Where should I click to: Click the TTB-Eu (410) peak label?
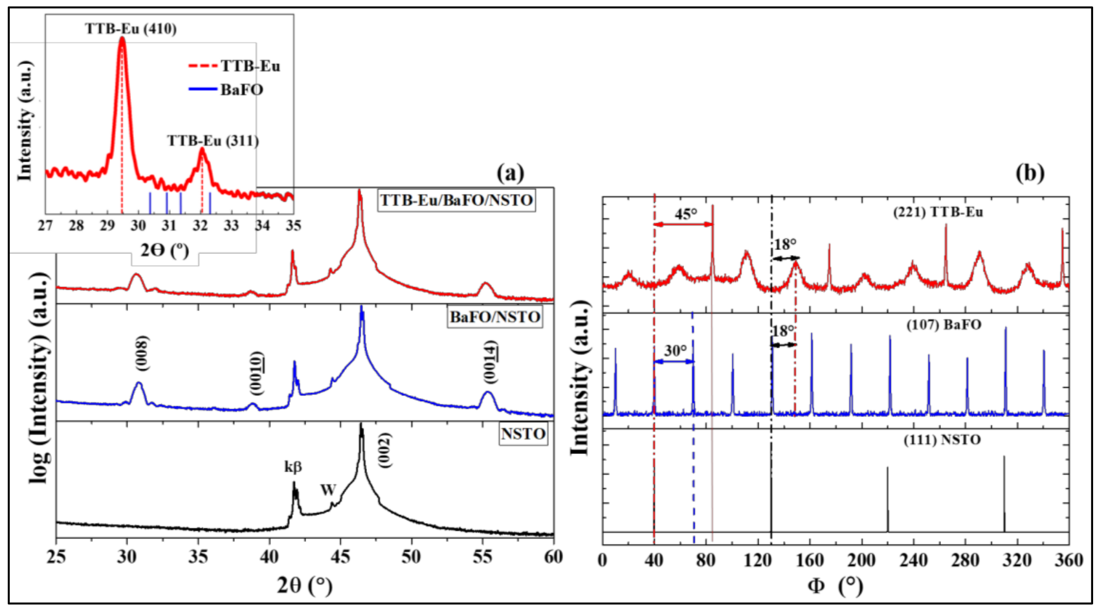coord(131,29)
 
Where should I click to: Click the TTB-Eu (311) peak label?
coord(213,141)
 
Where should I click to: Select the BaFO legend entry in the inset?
coord(241,89)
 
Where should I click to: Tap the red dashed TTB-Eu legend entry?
coord(250,66)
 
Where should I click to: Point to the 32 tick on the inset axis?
coord(201,225)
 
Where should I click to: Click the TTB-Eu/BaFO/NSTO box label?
coord(456,200)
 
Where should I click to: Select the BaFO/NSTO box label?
coord(495,317)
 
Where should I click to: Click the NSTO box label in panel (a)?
coord(523,434)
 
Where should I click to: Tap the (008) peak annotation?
coord(142,354)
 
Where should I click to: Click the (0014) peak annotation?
coord(491,362)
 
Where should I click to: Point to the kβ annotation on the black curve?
coord(293,466)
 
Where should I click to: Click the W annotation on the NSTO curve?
coord(328,490)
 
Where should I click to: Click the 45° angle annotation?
coord(685,214)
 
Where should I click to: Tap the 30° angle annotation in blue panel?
coord(675,350)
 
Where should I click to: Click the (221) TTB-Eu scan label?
coord(938,212)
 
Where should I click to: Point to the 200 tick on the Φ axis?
coord(861,560)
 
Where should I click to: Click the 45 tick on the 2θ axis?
coord(340,557)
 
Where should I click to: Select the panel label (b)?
coord(1030,173)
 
